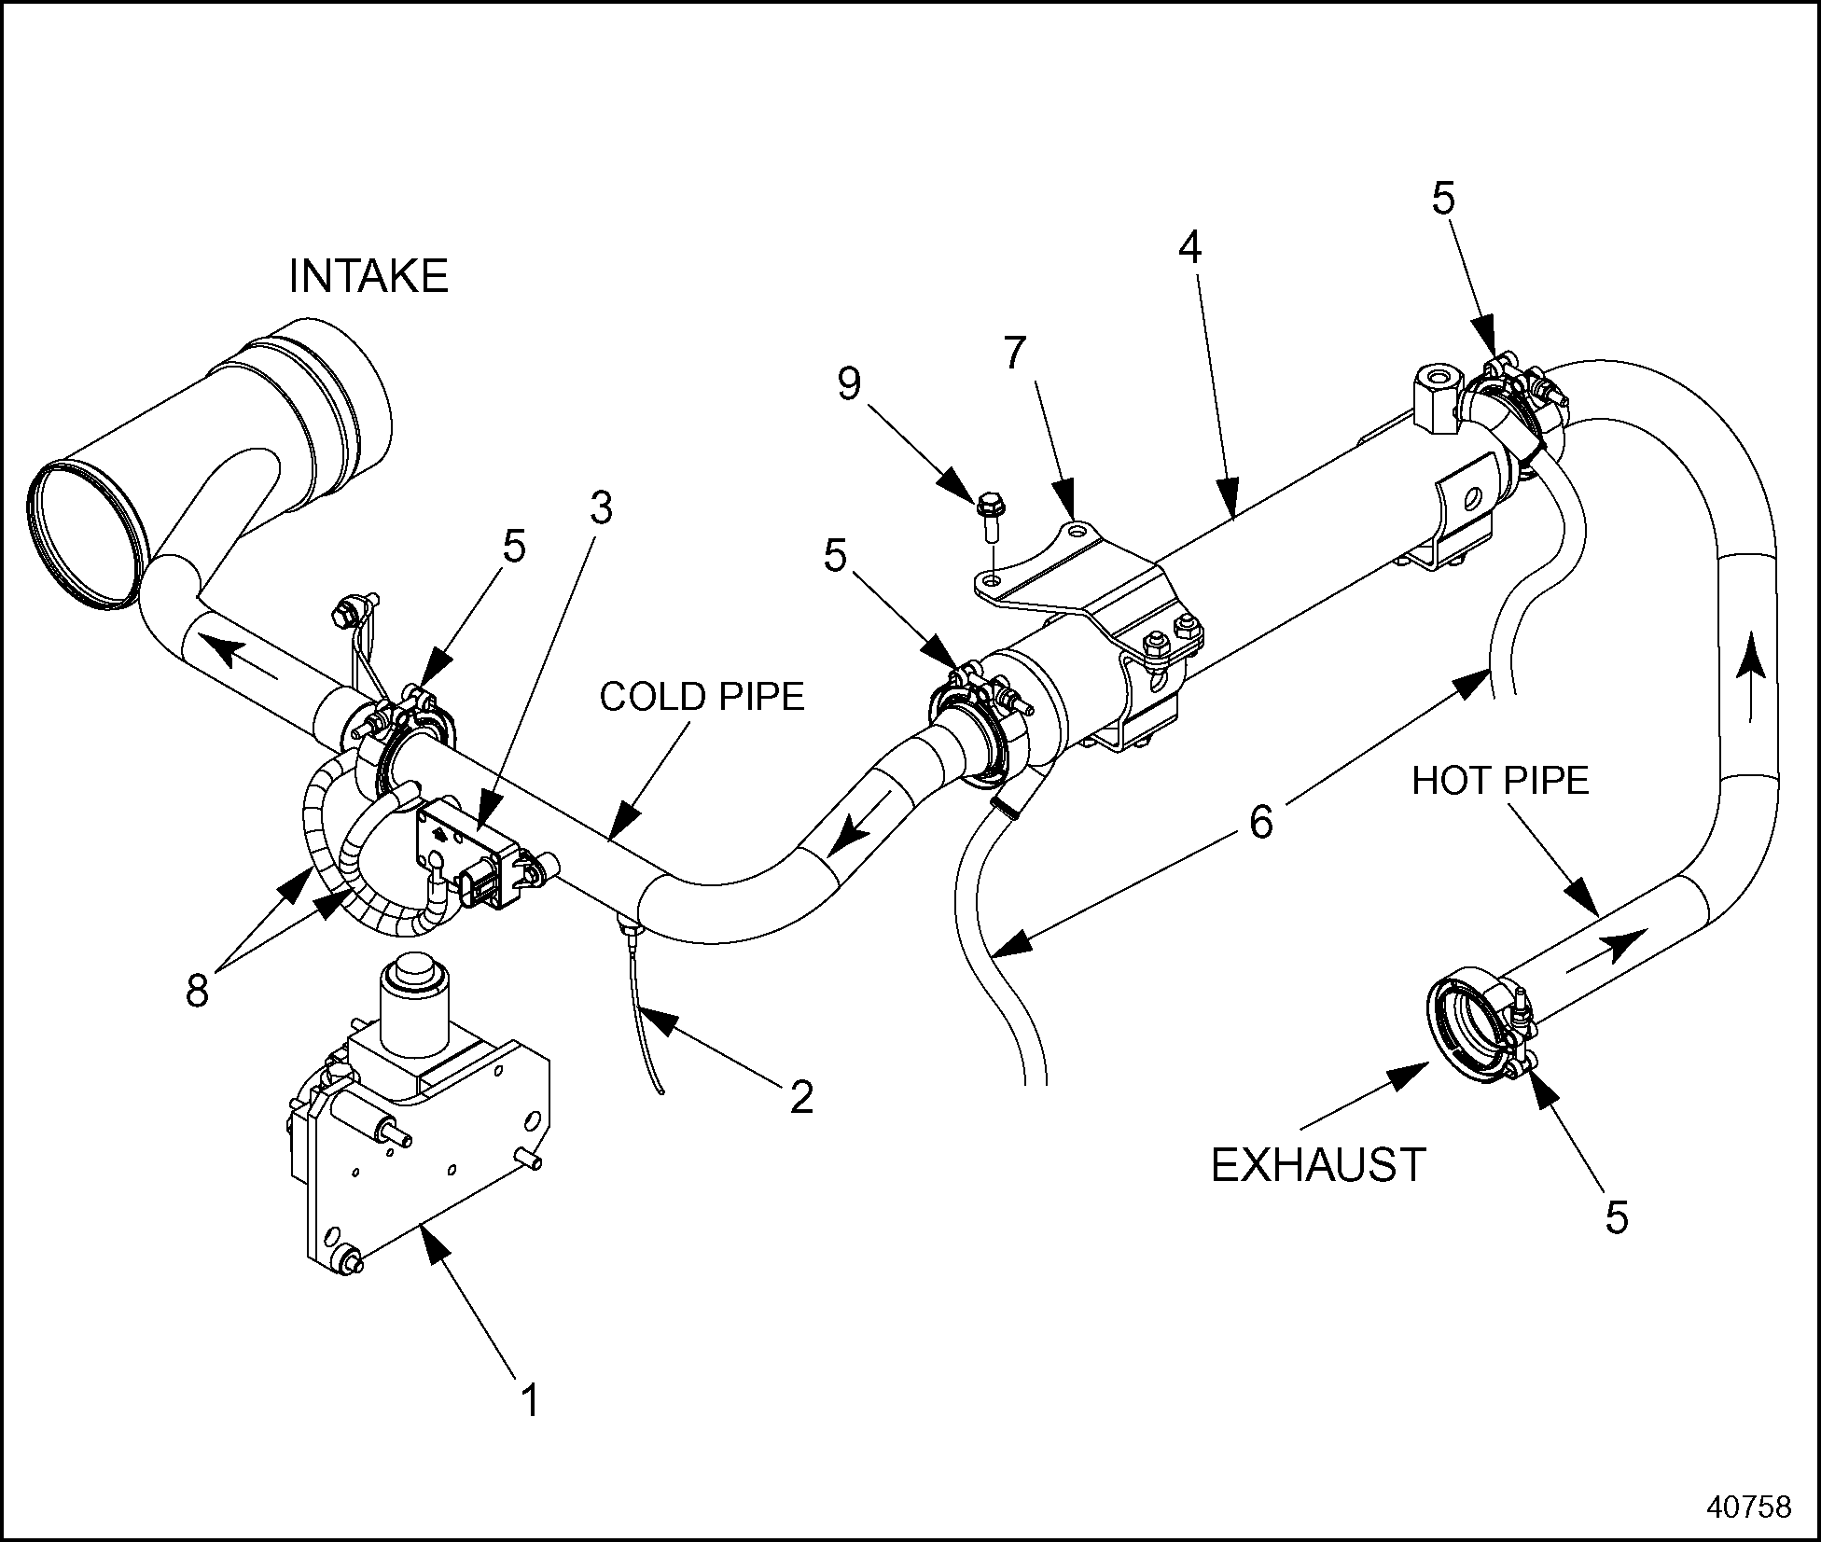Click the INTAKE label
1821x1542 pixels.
click(368, 276)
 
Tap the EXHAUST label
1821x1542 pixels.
click(1318, 1164)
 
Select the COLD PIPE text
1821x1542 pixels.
click(702, 697)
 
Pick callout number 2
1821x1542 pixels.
click(801, 1096)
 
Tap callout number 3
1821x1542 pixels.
click(601, 508)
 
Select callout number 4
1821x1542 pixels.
click(1189, 247)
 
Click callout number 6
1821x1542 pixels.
click(1261, 822)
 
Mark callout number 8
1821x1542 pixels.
click(197, 991)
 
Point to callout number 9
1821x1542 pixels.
click(849, 383)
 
